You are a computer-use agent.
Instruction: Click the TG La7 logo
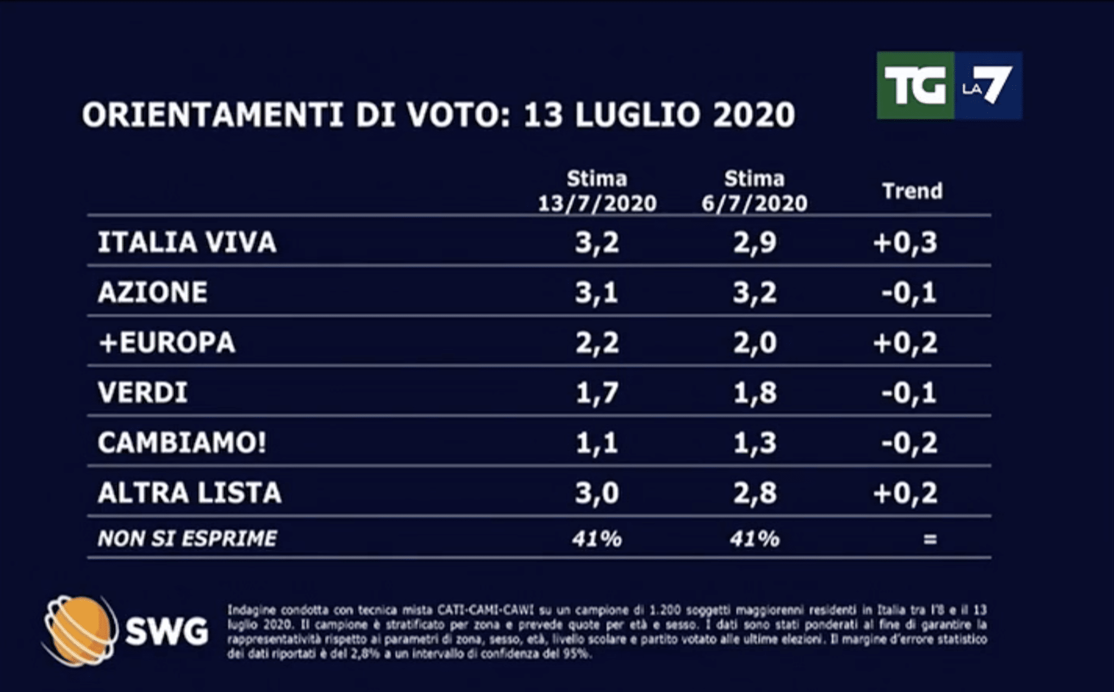(949, 85)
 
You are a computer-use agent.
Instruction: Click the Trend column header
(912, 191)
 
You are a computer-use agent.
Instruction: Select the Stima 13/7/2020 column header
(597, 191)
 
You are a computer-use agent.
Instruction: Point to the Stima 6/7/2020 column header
(754, 191)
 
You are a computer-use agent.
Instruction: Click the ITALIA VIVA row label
(187, 242)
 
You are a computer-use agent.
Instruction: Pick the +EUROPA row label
(166, 343)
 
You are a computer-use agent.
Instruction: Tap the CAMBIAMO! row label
(182, 443)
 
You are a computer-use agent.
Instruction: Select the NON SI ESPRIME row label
(187, 539)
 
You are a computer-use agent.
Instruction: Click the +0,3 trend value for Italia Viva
(905, 242)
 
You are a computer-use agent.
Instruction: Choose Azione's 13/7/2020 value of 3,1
(597, 293)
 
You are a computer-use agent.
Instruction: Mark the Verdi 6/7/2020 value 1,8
(754, 393)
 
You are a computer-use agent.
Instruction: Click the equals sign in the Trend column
(930, 539)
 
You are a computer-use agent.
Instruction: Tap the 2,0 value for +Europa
(754, 343)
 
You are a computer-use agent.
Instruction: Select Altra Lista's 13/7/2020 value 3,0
(597, 493)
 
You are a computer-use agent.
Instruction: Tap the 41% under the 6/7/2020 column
(754, 539)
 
